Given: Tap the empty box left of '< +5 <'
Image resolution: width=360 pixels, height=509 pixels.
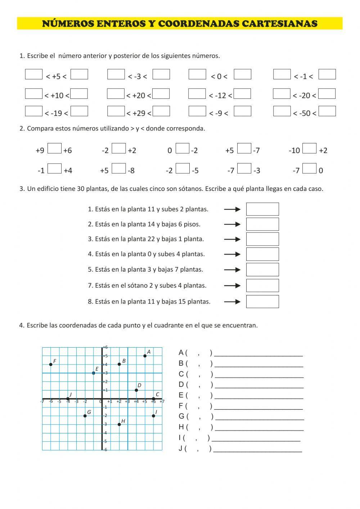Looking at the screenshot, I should pos(34,74).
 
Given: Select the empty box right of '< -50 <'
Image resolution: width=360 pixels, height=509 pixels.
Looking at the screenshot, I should pos(327,111).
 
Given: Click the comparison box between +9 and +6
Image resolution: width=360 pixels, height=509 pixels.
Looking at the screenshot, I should pos(54,148).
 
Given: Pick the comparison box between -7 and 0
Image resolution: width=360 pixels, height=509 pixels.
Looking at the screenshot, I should pos(309,168).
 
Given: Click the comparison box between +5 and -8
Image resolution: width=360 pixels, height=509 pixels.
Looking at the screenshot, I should pos(118,168).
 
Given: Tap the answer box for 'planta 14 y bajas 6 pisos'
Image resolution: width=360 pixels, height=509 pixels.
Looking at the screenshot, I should pos(262,224).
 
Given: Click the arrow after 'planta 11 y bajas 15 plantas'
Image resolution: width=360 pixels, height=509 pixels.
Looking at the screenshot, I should pos(232,302).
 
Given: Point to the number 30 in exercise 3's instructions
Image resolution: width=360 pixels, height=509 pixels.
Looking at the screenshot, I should pos(81,189).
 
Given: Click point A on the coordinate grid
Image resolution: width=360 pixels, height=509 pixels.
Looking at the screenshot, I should pos(145,356).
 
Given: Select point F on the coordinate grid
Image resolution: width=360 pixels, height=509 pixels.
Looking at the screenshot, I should pos(51,365).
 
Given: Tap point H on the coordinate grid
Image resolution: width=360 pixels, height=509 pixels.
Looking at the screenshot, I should pos(119,424).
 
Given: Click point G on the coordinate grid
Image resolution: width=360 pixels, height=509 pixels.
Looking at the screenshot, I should pos(85,416).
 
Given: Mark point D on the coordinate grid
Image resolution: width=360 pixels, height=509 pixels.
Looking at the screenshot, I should pos(136,390).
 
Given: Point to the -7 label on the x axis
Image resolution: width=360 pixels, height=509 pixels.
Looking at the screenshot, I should pos(42,402).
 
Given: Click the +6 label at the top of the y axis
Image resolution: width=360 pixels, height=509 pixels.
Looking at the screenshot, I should pos(105,347).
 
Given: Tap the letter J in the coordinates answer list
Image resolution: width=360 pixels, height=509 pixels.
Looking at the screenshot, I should pos(180,449).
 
